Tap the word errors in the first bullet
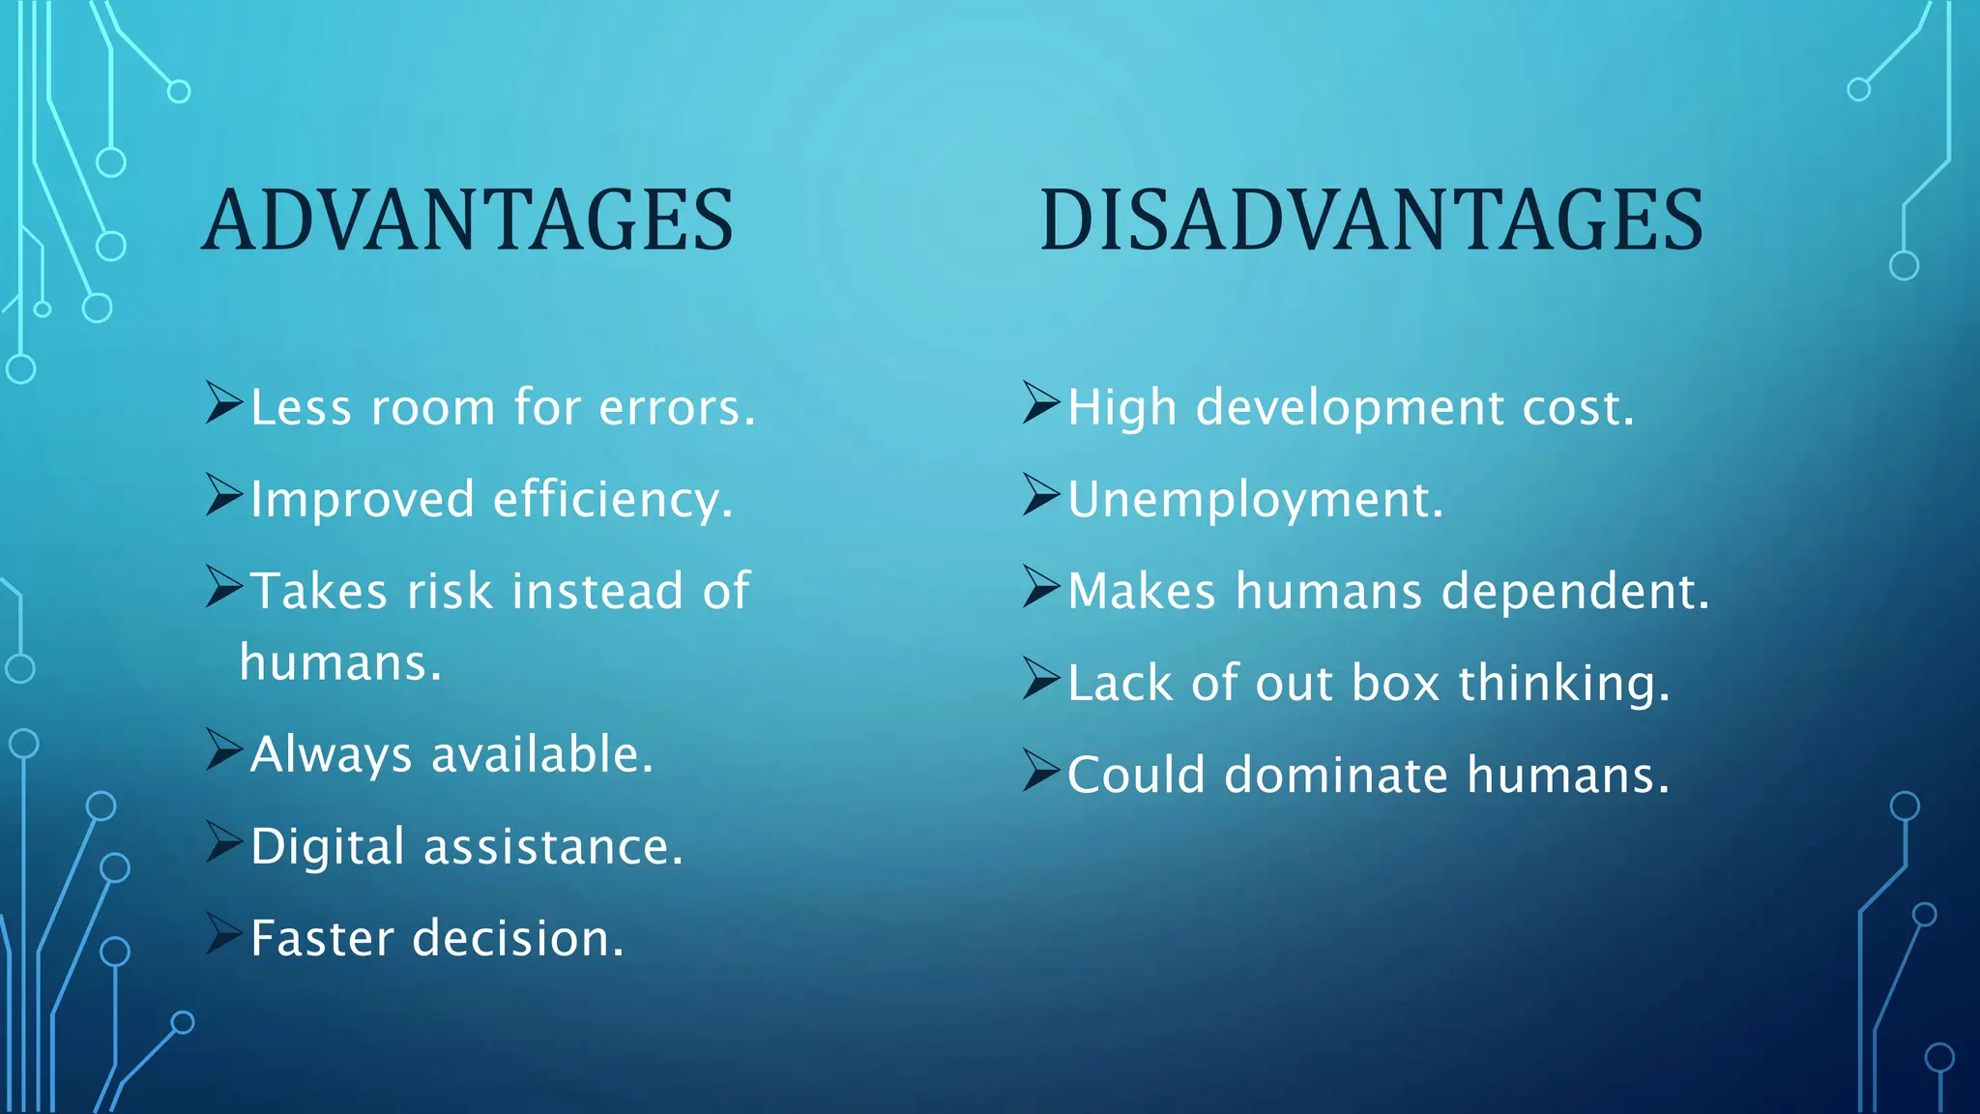point(676,408)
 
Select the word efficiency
point(612,500)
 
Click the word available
point(541,755)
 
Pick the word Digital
point(327,848)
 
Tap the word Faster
point(322,939)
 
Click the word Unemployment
point(1254,500)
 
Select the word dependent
point(1574,592)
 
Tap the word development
point(1350,408)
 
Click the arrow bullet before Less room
point(223,402)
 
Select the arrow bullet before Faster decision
point(223,934)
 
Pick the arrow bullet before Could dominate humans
point(1041,771)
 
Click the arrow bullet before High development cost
point(1041,402)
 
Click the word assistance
point(552,848)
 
